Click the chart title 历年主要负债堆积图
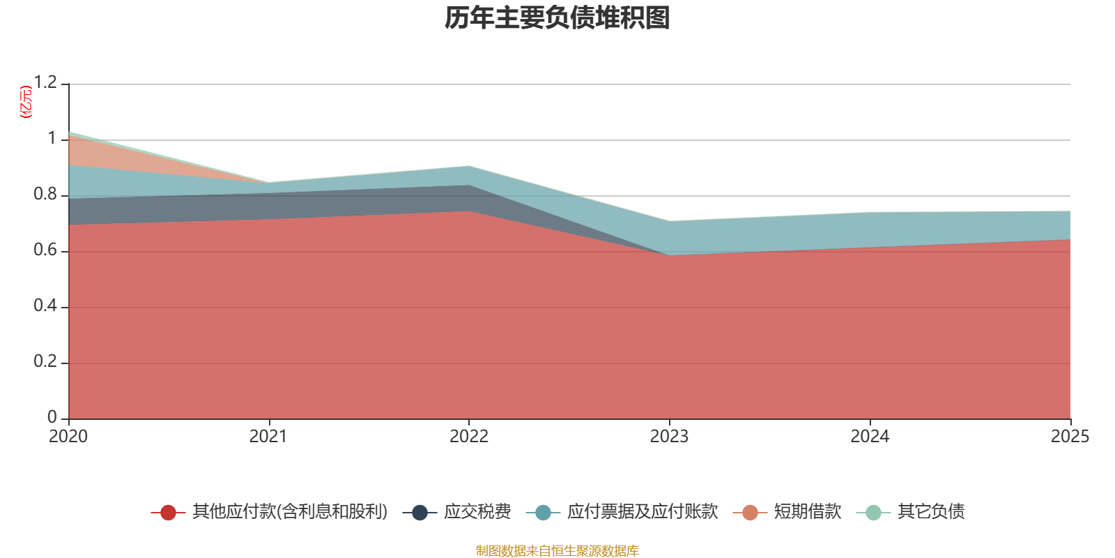coord(557,18)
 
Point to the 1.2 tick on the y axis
coord(45,83)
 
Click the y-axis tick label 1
coord(52,139)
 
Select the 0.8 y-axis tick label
coord(45,195)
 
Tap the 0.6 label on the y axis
coord(45,250)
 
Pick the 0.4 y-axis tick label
coord(45,306)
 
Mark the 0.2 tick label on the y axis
coord(45,362)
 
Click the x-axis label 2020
coord(68,437)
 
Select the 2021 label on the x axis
coord(268,437)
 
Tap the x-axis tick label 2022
coord(469,437)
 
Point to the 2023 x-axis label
coord(669,437)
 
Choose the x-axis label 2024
coord(870,437)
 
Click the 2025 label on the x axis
coord(1070,437)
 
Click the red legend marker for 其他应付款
coord(168,513)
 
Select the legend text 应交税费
coord(477,512)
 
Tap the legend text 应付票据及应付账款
coord(642,512)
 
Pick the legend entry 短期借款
coord(808,512)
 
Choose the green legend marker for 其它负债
coord(873,513)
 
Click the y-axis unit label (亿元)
coord(26,102)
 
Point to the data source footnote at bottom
coord(557,551)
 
